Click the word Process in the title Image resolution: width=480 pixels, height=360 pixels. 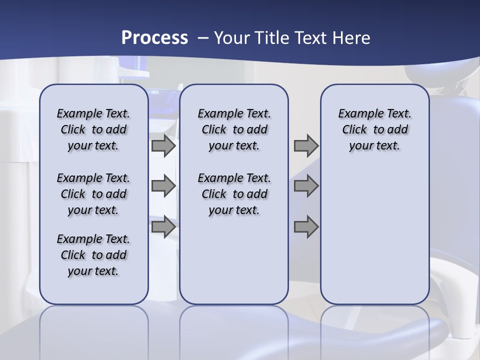coord(154,37)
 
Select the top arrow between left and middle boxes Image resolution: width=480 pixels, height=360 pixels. coord(163,145)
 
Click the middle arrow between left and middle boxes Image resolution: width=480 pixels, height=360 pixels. coord(163,186)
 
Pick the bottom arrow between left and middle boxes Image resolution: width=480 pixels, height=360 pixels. coord(163,227)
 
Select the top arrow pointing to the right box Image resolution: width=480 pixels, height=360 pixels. coord(306,145)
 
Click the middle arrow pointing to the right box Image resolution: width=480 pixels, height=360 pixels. coord(306,186)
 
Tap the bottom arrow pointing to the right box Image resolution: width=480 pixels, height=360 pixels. coord(306,227)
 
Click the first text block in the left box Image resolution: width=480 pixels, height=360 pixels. coord(93,129)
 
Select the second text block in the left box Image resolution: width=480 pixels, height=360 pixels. coord(93,194)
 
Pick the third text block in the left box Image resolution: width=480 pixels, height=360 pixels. coord(93,255)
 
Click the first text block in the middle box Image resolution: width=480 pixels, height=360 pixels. coord(234,129)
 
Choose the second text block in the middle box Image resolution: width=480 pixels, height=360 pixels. coord(234,194)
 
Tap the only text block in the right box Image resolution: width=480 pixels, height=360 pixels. coord(374,129)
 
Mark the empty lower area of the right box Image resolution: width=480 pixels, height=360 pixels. coord(374,235)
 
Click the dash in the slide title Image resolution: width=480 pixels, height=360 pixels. coord(203,38)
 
